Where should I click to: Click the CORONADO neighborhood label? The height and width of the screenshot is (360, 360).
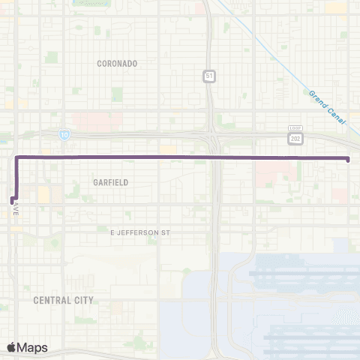click(x=117, y=64)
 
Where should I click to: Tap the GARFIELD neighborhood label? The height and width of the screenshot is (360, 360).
click(x=111, y=182)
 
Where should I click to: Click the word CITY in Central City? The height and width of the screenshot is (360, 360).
click(x=84, y=300)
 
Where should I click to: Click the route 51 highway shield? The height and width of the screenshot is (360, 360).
click(x=208, y=76)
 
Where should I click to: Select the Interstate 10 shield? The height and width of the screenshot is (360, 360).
click(x=66, y=133)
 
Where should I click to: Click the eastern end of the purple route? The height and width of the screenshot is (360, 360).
click(x=349, y=158)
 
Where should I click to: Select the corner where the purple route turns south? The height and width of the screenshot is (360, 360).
click(x=16, y=157)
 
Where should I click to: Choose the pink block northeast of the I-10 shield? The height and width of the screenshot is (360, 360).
click(x=91, y=119)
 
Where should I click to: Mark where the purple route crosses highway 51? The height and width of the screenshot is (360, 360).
click(x=214, y=157)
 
